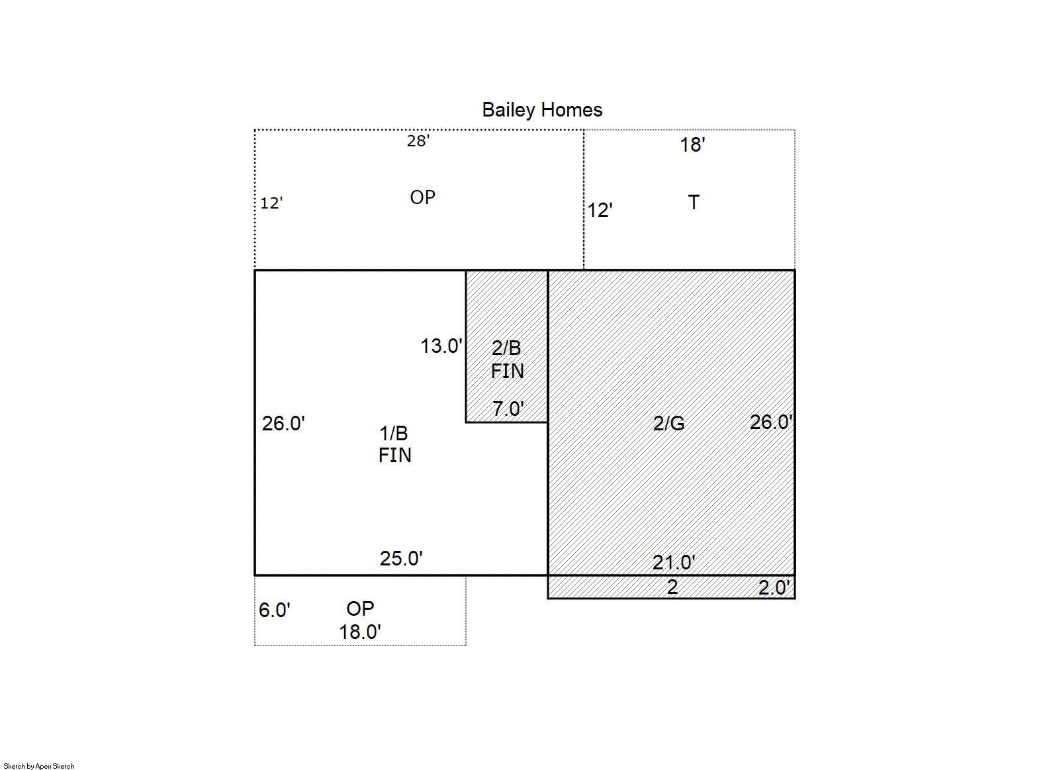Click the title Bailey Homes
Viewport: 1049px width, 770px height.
[x=542, y=111]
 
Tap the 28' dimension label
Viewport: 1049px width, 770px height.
[x=418, y=141]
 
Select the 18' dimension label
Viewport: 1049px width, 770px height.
[x=693, y=145]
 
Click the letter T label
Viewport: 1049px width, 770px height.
[x=694, y=203]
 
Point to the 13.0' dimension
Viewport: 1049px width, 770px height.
[x=441, y=346]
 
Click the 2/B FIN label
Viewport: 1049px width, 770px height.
[x=507, y=360]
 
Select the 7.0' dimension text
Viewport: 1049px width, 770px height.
[x=508, y=409]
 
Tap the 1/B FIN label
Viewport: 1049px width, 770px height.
[x=394, y=444]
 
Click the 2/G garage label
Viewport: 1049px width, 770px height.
[x=668, y=424]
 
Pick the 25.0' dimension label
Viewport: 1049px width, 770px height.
[x=401, y=558]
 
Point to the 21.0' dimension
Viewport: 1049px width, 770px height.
[x=674, y=563]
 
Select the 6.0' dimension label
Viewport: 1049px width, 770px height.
[x=275, y=610]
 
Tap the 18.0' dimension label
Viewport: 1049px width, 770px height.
[x=360, y=632]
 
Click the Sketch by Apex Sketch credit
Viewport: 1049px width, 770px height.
[x=39, y=766]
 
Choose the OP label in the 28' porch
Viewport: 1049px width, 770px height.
[x=422, y=197]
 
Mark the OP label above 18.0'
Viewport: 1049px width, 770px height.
[x=360, y=609]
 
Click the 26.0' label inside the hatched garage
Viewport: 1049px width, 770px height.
[x=771, y=422]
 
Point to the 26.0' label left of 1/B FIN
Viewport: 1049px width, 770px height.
[x=283, y=424]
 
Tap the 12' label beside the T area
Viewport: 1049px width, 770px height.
[x=600, y=211]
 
